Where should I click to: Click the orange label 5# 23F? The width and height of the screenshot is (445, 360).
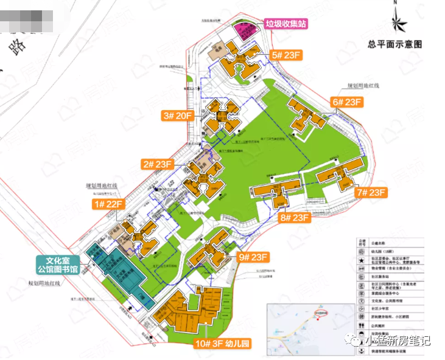pos(287,55)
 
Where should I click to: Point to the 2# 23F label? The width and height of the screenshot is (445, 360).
pos(157,164)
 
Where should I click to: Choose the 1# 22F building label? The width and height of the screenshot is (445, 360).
pos(108,204)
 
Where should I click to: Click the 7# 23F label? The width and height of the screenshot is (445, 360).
pos(371,193)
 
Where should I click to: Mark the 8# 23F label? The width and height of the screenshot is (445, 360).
pos(295,217)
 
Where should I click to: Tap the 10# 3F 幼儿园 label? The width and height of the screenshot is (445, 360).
pos(222,344)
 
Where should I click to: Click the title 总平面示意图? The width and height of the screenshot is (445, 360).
pos(395,44)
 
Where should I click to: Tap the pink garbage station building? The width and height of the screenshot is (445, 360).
pos(245,30)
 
